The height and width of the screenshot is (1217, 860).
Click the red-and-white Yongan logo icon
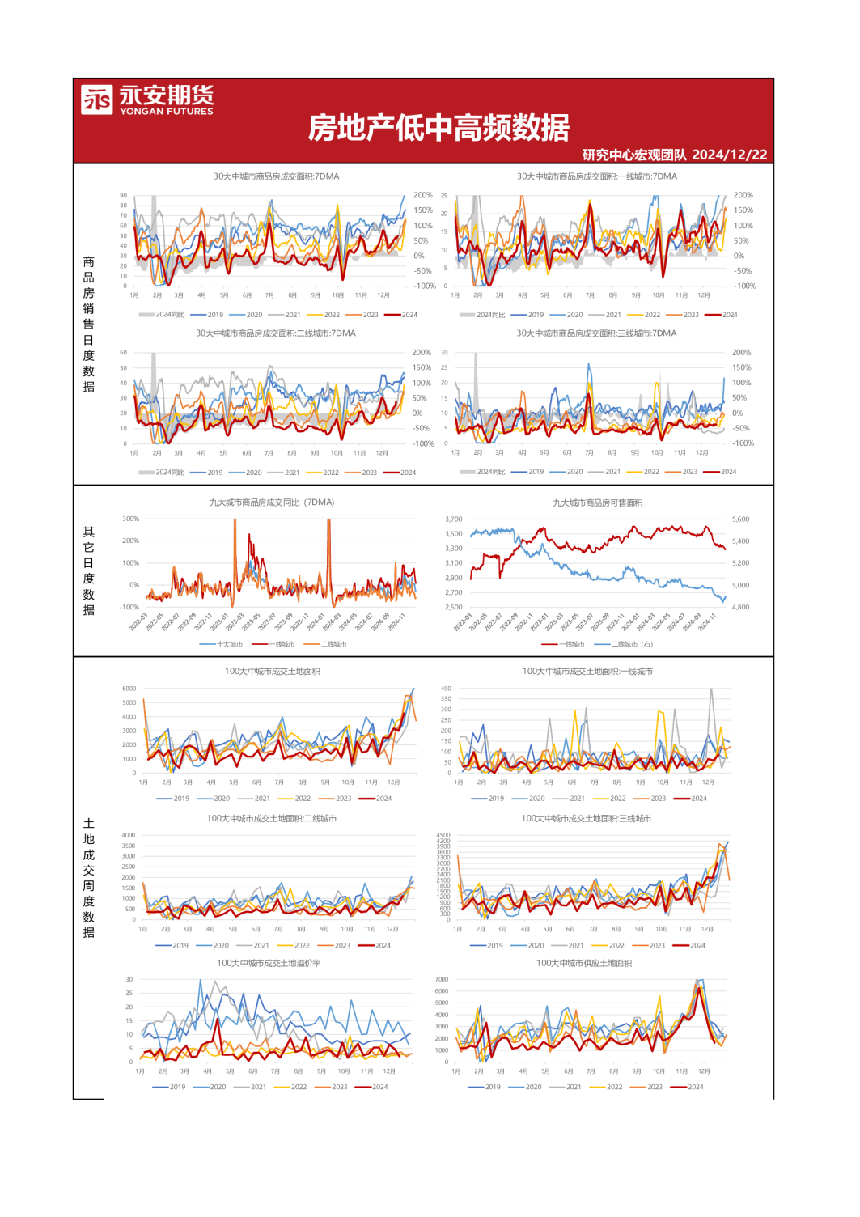tap(96, 100)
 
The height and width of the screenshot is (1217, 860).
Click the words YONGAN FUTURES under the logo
tap(167, 112)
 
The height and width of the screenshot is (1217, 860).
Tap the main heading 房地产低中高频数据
tap(438, 128)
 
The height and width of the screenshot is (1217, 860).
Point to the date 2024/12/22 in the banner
tap(730, 155)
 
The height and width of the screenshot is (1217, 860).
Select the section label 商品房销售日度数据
tap(89, 324)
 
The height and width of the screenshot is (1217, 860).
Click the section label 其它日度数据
tap(89, 570)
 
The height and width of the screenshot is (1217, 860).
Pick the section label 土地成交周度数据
tap(89, 878)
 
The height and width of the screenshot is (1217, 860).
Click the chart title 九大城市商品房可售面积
tap(597, 503)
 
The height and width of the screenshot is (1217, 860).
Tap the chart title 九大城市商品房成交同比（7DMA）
tap(272, 502)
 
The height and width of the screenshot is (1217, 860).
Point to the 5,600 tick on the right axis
tap(740, 519)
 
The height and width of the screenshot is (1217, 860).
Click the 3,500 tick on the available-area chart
tap(454, 534)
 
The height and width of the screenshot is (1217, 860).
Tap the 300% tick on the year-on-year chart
tap(130, 519)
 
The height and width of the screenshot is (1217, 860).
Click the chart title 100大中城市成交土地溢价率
tap(269, 964)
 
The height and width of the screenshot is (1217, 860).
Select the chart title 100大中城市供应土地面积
tap(584, 964)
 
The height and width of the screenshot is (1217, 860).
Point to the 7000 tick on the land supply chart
tap(442, 980)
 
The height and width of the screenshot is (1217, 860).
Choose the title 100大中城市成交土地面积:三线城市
tap(586, 819)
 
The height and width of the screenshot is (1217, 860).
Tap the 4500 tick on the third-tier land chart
tap(443, 835)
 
